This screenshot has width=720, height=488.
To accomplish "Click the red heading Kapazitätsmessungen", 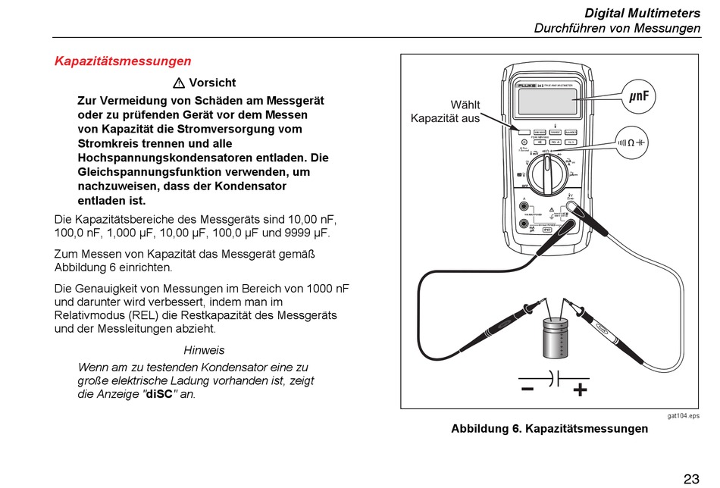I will coord(123,61).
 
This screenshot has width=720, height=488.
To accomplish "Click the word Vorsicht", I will coord(212,83).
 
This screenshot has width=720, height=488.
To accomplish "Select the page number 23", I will coord(691,478).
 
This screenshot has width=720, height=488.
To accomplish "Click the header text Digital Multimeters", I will coord(642,14).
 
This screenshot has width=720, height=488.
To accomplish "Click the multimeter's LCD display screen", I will coord(546,102).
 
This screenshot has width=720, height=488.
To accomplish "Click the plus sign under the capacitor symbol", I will coord(580,391).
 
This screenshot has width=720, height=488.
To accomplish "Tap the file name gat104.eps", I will coord(683,416).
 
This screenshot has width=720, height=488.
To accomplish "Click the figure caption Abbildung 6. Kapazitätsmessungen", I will coord(549,429).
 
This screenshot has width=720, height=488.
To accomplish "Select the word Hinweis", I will coord(204,351).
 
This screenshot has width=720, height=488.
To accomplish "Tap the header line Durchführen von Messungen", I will coord(617,28).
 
